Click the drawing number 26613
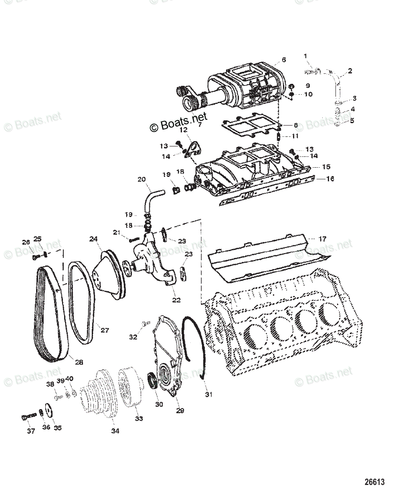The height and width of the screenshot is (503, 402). (374, 482)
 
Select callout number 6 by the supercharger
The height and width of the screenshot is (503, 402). (284, 60)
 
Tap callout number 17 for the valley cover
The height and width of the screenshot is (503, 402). (322, 239)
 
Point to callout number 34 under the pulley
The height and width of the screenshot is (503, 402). (115, 431)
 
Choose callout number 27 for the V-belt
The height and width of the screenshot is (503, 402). (104, 330)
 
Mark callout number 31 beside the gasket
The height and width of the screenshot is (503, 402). (208, 394)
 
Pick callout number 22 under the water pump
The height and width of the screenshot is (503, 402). (176, 300)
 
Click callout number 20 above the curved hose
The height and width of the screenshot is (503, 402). (142, 179)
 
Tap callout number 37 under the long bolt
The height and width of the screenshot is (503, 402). (31, 431)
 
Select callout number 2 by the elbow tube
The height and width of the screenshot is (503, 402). (350, 71)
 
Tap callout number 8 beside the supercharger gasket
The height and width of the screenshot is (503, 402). (296, 125)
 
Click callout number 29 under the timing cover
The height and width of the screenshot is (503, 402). (180, 410)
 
